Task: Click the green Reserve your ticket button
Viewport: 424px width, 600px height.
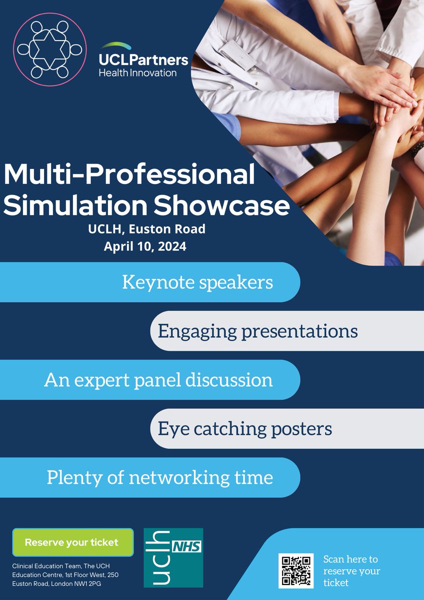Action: click(72, 542)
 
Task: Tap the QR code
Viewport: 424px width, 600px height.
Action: click(296, 570)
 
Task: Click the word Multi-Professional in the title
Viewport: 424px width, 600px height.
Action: click(129, 174)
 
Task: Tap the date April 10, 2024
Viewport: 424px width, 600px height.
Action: click(145, 246)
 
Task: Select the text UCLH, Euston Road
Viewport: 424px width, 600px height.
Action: click(145, 229)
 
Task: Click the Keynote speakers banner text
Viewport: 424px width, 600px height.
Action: click(197, 282)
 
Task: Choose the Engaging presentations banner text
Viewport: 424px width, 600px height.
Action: click(257, 331)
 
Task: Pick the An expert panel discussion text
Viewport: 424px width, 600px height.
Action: click(158, 380)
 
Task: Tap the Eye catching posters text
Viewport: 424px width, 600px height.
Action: click(245, 428)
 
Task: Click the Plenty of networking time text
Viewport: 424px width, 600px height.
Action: click(160, 477)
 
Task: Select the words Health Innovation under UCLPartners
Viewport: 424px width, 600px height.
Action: click(137, 73)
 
